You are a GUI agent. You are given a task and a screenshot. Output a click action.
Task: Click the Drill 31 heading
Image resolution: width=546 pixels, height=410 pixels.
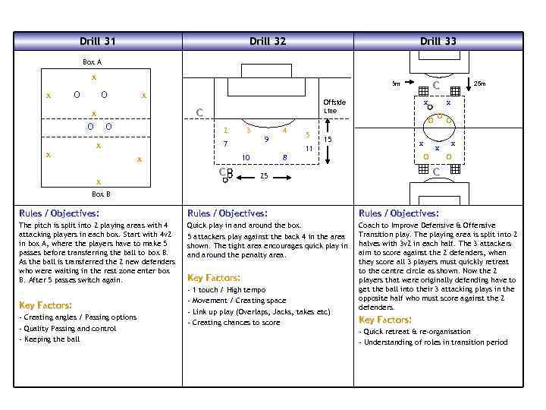tap(98, 41)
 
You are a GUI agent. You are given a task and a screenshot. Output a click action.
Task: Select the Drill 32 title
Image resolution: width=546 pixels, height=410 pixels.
tap(268, 41)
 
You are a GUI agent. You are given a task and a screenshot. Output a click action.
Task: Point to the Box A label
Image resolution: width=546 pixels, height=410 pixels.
tap(92, 62)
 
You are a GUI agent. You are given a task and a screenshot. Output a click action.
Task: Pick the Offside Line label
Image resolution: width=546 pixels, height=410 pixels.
tap(334, 106)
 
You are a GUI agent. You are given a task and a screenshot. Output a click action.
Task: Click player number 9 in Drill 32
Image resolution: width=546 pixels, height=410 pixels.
tap(265, 139)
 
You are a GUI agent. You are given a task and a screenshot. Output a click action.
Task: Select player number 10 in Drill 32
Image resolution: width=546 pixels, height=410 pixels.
tap(246, 158)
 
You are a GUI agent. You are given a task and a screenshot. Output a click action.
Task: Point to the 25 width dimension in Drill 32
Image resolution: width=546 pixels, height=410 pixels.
tap(263, 176)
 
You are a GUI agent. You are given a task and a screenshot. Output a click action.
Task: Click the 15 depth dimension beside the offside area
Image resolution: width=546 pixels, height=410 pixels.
tap(328, 140)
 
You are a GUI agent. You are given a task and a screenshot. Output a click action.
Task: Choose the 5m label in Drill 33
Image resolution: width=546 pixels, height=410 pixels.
tap(396, 84)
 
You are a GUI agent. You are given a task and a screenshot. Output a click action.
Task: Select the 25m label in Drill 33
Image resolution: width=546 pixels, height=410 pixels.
tap(479, 84)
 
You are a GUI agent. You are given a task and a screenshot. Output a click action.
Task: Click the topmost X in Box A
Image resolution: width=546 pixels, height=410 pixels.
tap(93, 77)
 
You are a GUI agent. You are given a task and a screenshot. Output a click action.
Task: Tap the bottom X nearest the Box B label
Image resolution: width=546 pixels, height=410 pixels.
tap(98, 182)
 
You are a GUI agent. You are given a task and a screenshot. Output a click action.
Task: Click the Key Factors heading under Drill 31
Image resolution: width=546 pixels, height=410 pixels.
tap(45, 305)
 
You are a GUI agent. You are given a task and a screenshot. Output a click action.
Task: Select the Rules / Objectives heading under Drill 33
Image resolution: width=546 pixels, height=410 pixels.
tap(398, 213)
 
